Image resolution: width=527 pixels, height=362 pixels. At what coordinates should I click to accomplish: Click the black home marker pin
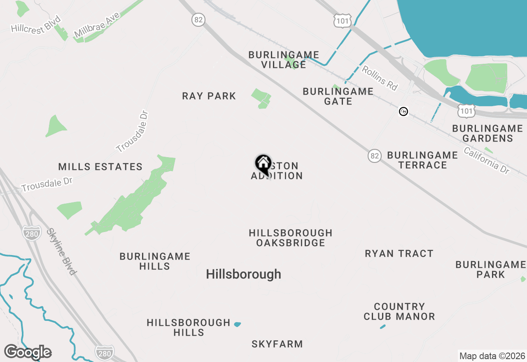pyautogui.click(x=263, y=164)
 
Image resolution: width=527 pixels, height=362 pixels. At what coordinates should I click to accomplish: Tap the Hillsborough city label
pyautogui.click(x=243, y=274)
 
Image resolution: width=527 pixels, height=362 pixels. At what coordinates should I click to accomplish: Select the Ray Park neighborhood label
pyautogui.click(x=209, y=96)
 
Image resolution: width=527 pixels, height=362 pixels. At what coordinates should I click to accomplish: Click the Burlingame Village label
pyautogui.click(x=284, y=60)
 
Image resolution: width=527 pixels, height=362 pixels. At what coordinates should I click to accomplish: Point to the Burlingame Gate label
pyautogui.click(x=338, y=96)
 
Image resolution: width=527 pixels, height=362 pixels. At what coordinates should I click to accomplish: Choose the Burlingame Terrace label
pyautogui.click(x=422, y=160)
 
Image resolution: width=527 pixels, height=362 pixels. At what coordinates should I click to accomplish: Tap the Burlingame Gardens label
pyautogui.click(x=487, y=133)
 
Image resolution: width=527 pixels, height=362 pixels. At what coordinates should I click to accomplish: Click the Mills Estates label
pyautogui.click(x=100, y=167)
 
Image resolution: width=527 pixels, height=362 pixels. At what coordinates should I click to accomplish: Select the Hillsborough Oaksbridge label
pyautogui.click(x=291, y=238)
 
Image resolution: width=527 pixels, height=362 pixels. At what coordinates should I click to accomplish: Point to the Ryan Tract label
pyautogui.click(x=399, y=253)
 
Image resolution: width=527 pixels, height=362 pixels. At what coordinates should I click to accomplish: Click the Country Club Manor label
pyautogui.click(x=399, y=311)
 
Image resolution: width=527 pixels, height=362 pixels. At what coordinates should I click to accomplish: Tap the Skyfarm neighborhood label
pyautogui.click(x=277, y=344)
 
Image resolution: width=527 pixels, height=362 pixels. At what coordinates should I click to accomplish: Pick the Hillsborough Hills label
pyautogui.click(x=189, y=327)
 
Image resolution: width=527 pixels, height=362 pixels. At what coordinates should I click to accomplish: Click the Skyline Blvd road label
pyautogui.click(x=61, y=251)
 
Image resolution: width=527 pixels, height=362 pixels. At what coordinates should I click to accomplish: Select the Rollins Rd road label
pyautogui.click(x=380, y=78)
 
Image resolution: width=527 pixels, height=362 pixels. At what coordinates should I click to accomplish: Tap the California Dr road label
pyautogui.click(x=487, y=160)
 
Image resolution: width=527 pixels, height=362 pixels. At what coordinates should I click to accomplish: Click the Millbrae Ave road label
pyautogui.click(x=97, y=25)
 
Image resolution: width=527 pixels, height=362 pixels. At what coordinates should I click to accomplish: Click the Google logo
pyautogui.click(x=28, y=352)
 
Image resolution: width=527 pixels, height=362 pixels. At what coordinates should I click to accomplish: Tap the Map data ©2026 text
pyautogui.click(x=492, y=356)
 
